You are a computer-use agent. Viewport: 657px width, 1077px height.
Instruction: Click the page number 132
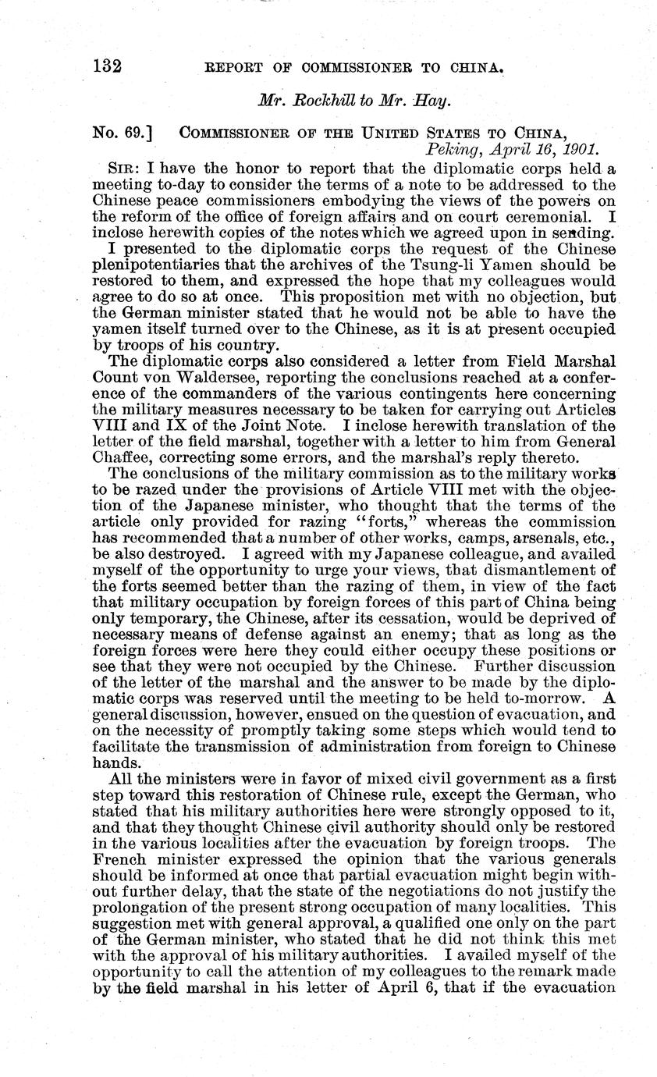[x=108, y=65]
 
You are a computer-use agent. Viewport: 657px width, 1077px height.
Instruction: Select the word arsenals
[x=528, y=537]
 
